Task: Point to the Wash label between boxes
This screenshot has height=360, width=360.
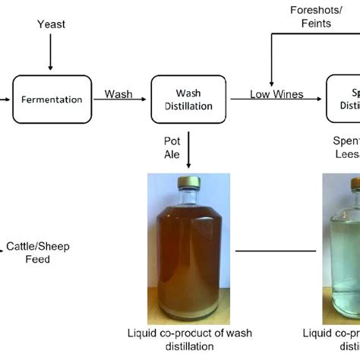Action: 118,95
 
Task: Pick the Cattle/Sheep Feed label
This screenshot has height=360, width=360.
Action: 28,252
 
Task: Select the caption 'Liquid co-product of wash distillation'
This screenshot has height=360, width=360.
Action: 189,339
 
